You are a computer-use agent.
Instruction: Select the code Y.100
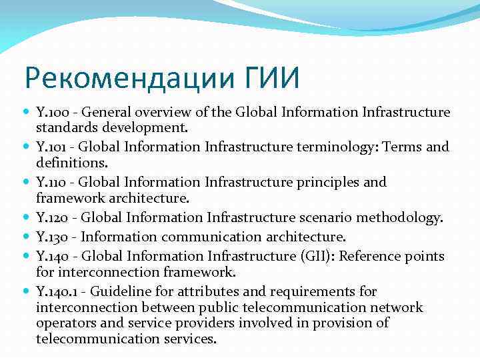[51, 111]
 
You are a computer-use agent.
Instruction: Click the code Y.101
[51, 146]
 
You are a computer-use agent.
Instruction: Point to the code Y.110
[51, 182]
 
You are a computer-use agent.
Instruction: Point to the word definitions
[68, 162]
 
